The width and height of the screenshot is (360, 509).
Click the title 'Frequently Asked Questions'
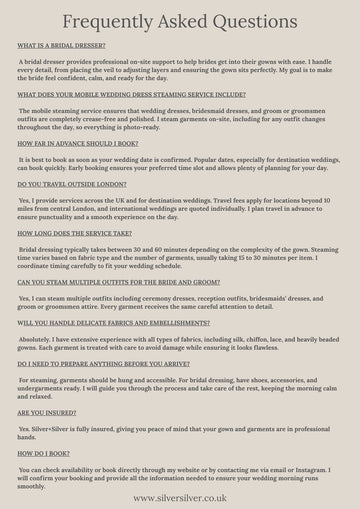tap(180, 22)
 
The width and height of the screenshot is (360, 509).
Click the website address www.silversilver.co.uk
tap(181, 497)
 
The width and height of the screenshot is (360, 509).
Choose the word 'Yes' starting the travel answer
tap(25, 200)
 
